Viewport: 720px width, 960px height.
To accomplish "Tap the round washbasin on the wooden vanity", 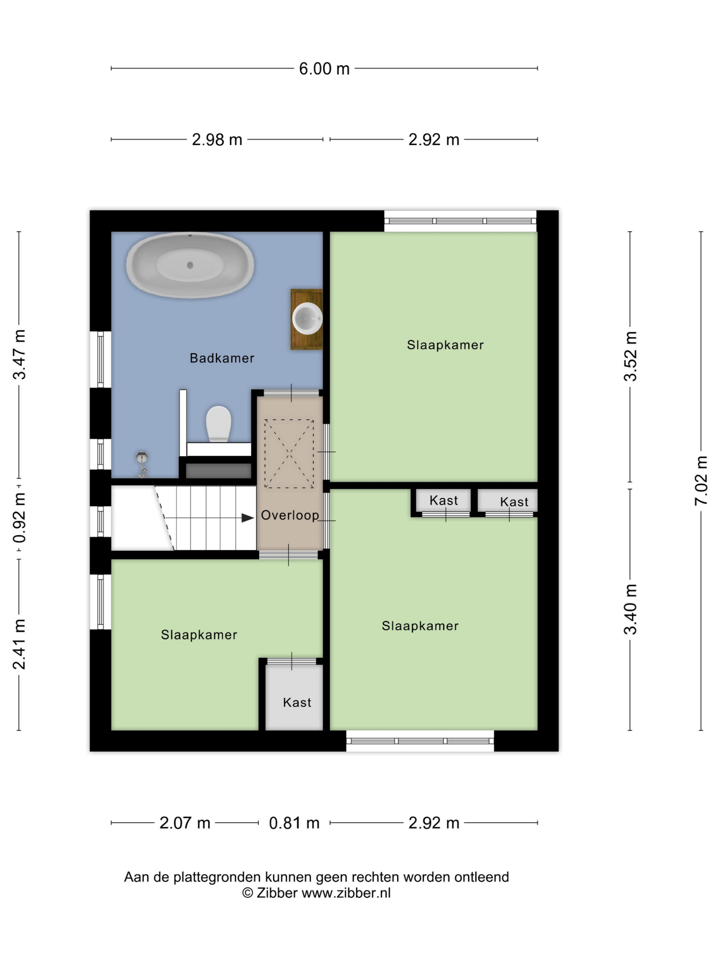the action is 307,319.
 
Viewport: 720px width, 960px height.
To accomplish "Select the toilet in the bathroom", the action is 218,424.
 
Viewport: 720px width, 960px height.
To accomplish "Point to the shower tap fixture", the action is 142,464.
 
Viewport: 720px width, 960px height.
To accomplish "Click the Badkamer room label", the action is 222,358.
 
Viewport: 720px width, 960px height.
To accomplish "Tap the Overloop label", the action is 290,515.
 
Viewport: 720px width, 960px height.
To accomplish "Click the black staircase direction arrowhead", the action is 247,518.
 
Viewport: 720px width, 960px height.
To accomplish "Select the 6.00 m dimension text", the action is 324,68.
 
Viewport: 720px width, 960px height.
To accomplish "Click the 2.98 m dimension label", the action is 217,140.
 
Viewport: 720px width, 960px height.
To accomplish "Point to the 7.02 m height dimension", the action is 701,481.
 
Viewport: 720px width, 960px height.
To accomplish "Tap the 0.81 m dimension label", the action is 294,822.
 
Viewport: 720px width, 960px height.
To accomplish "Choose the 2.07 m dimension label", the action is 185,822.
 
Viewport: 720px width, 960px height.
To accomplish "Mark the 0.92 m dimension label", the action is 19,518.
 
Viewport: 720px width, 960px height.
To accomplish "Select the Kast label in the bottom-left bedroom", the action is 297,702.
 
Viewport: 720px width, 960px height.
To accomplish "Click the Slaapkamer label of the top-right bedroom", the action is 445,345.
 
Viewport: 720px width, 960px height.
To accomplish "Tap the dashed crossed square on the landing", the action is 289,454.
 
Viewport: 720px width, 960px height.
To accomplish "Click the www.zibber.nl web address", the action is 346,893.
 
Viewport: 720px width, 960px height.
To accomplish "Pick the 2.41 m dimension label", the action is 19,644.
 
